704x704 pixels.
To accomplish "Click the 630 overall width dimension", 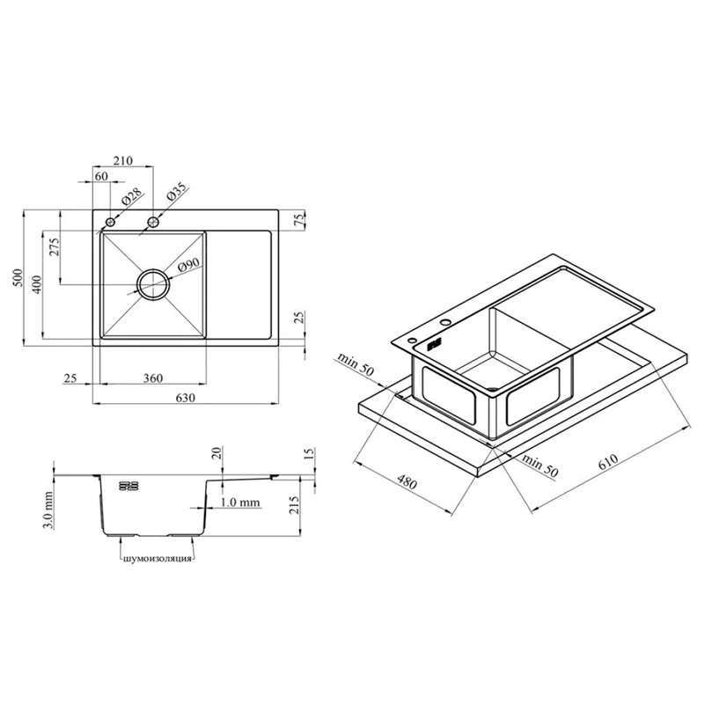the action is (x=186, y=398).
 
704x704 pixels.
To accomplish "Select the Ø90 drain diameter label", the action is (x=188, y=265).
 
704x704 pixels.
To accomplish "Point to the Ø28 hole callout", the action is (x=131, y=196).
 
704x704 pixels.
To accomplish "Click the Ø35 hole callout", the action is (x=176, y=192).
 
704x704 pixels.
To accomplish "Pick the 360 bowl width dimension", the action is (x=152, y=378).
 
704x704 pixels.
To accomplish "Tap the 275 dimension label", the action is (x=55, y=246).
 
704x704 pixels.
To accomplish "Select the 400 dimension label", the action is (x=37, y=284).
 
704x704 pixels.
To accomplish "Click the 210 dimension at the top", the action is (x=122, y=160).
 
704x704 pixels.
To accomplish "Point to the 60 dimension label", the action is (x=101, y=176).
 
